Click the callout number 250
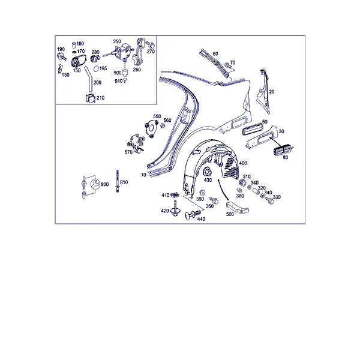pos(117,41)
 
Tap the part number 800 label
pos(104,184)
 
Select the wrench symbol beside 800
pos(95,184)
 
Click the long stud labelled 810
pos(118,181)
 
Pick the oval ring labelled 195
pos(96,68)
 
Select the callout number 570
pos(128,152)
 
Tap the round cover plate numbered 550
pos(152,129)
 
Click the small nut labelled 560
pos(163,125)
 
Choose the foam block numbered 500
pos(238,207)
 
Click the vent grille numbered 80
pos(282,150)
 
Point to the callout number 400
pos(243,163)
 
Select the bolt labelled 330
pos(270,200)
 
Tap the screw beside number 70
pos(228,65)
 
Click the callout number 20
pos(272,92)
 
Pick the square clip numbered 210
pos(90,98)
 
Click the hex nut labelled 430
pos(208,172)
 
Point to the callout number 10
pos(143,175)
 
